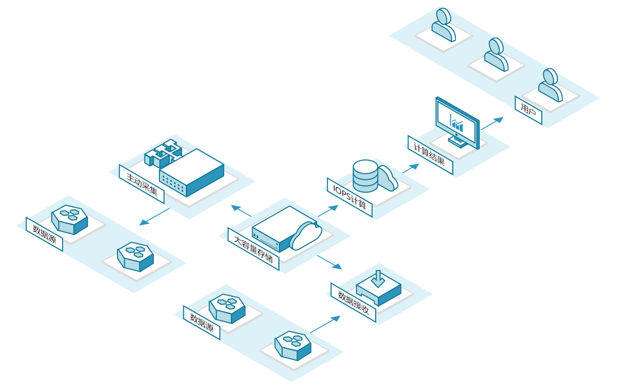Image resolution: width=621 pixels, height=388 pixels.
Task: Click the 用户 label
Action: pos(528,110)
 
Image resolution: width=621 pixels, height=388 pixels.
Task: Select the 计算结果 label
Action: pos(430,155)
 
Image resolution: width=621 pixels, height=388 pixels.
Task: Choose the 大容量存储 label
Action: pos(253,249)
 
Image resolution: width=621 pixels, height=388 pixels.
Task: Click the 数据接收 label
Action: pos(353,302)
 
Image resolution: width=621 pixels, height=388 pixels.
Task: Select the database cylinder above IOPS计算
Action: pos(365,176)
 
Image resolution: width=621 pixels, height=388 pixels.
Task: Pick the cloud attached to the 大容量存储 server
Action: pos(306,235)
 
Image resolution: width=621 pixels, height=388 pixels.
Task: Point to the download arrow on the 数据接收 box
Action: pos(378,279)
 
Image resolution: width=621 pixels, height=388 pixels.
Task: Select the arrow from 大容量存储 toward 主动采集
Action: pos(241,211)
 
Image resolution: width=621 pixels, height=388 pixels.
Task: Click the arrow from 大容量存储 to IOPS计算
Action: pos(328,211)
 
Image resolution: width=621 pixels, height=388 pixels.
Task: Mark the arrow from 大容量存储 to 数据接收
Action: pos(330,262)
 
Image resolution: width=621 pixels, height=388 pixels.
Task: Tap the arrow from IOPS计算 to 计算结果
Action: pos(410,169)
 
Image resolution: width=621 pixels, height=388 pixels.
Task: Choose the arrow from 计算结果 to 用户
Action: pos(492,124)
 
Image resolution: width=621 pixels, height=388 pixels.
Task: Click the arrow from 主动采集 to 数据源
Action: pos(154,217)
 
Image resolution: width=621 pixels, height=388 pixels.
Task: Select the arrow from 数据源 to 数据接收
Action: pos(325,324)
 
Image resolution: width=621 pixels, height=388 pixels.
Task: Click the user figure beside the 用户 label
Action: pos(550,85)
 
